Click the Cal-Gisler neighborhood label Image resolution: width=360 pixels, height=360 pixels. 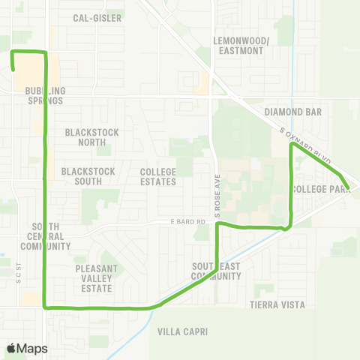tap(97, 17)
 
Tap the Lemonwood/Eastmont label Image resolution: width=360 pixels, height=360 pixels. tap(238, 45)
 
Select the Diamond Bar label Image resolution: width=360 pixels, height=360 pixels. tap(292, 112)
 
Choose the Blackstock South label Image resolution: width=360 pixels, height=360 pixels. tap(88, 176)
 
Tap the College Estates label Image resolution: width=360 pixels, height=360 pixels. tap(158, 176)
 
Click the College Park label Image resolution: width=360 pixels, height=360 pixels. tap(322, 189)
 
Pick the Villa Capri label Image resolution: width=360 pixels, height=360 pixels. tap(180, 331)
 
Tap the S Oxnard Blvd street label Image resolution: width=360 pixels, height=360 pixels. tap(308, 143)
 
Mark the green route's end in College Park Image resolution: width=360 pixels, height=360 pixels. tap(348, 187)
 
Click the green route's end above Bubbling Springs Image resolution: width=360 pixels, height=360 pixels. tap(13, 69)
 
